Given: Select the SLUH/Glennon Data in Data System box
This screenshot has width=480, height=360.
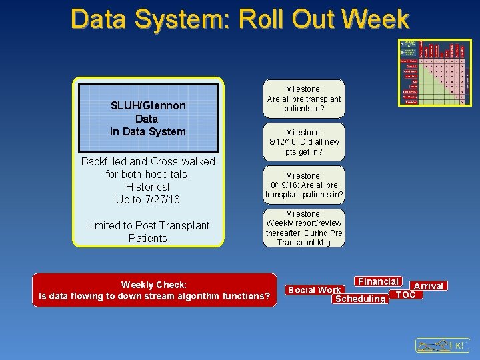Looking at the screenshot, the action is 148,119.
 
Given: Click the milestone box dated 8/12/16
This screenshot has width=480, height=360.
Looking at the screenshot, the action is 304,142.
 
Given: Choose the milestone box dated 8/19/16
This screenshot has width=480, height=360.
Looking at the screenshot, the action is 304,185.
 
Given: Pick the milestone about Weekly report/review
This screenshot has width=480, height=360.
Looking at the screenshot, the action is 304,228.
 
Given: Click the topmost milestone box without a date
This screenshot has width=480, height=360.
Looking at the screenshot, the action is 304,99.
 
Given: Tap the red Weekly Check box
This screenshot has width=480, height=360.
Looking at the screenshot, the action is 154,291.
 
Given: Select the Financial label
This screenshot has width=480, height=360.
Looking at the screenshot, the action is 378,281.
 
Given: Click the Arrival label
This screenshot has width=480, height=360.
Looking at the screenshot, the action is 429,286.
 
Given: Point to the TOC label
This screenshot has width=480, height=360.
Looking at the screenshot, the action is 406,294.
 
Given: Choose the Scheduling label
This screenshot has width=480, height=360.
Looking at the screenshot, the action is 360,299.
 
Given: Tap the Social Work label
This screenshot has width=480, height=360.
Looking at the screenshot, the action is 314,290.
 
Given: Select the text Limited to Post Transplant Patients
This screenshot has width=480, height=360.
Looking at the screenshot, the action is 148,232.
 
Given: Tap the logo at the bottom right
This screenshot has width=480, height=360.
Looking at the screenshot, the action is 443,345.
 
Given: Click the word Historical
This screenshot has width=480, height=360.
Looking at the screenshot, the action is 147,187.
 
